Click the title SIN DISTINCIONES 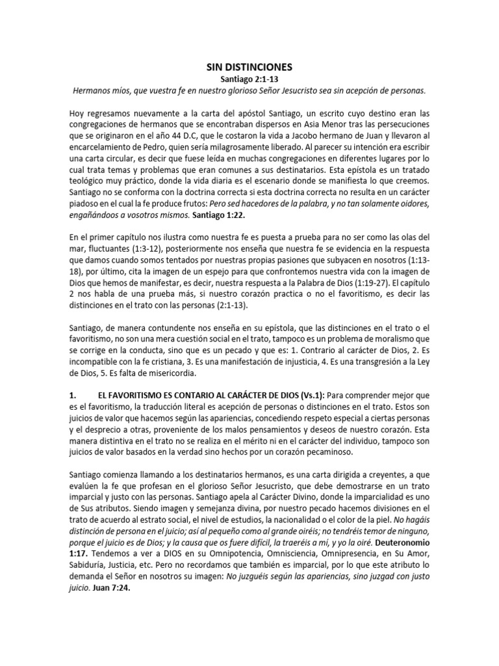(x=249, y=67)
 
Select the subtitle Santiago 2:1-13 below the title (x=249, y=79)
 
